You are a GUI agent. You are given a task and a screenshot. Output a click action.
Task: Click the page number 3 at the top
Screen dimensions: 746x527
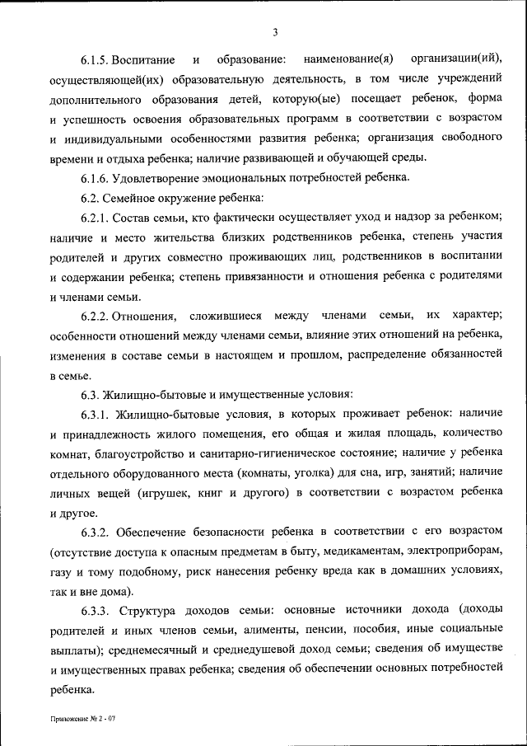pos(276,32)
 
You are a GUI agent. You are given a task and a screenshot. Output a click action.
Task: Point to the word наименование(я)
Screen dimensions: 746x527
pos(348,61)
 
